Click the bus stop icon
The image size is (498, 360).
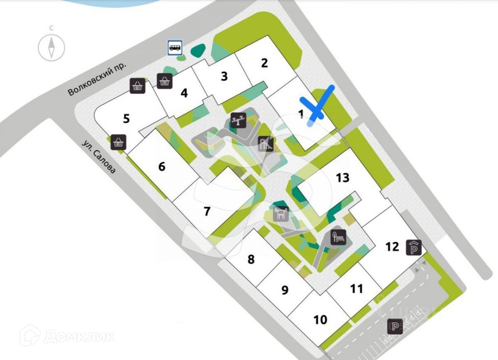pos(175,47)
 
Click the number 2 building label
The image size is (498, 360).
pos(264,63)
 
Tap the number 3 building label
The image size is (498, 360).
pos(224,76)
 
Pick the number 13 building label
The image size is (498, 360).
pos(343,178)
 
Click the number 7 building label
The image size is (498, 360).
pos(207,211)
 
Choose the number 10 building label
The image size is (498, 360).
pos(320,320)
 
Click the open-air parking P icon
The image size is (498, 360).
pos(395,327)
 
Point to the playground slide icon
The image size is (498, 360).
pos(266,144)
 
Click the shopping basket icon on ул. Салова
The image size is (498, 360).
pos(119,142)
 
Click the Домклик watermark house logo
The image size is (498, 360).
pos(30,336)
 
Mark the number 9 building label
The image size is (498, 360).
pos(285,289)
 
